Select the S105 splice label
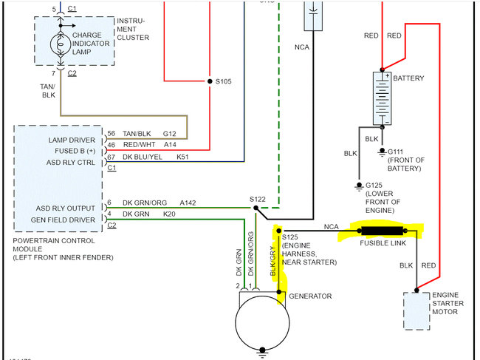point(223,81)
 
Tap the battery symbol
point(381,98)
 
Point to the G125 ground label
point(376,185)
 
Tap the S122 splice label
point(258,199)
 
